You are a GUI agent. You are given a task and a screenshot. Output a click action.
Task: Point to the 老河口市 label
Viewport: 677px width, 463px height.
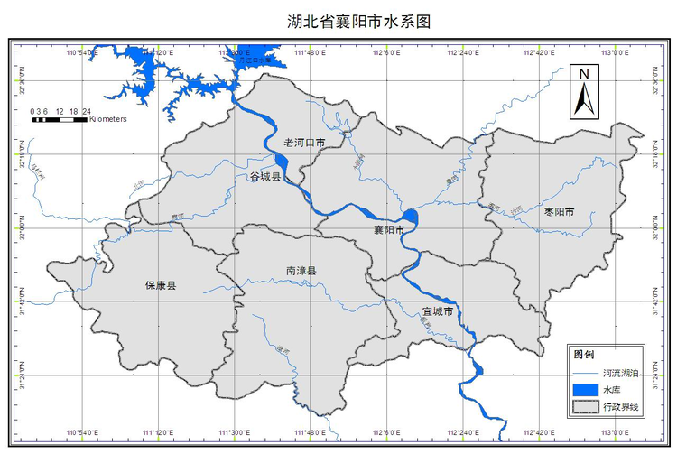[x=304, y=143]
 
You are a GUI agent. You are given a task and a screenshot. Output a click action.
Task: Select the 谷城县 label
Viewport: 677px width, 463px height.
[x=265, y=177]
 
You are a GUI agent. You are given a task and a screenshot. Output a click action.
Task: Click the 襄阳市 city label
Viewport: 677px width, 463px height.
[x=389, y=230]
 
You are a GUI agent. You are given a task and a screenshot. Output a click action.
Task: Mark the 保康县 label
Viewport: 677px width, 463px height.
[x=161, y=285]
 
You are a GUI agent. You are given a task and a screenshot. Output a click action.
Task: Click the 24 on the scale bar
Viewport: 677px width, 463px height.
[x=87, y=111]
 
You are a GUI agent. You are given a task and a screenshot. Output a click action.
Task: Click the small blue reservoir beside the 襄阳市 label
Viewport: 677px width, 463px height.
[x=411, y=217]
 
